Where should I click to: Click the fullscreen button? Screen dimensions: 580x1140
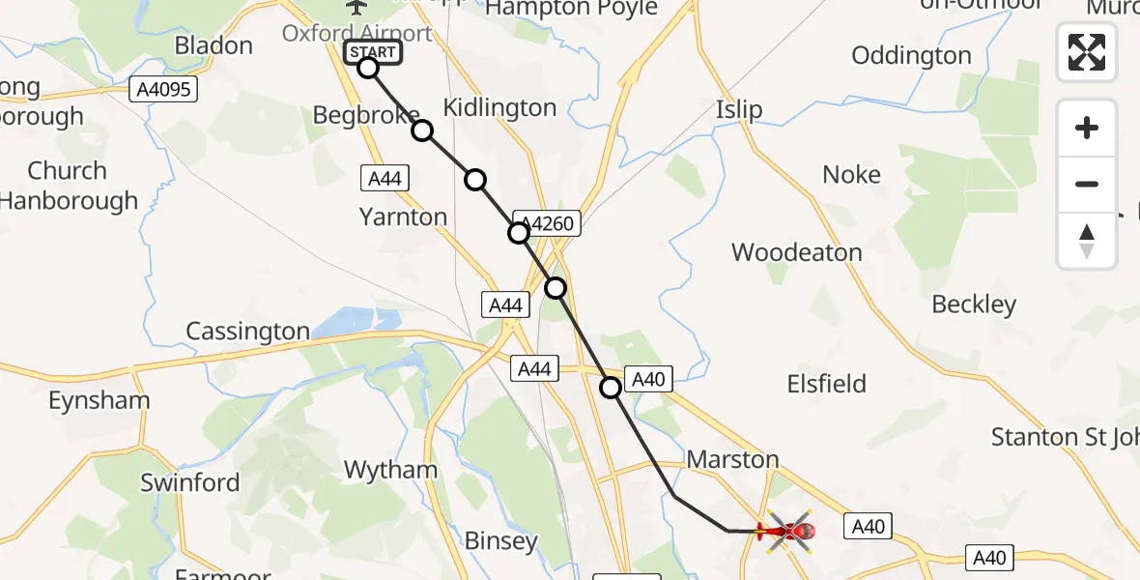tap(1087, 52)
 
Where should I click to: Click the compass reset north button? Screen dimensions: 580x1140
tap(1087, 241)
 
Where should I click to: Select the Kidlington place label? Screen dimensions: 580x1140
tap(499, 107)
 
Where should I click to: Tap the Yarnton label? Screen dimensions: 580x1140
tap(403, 217)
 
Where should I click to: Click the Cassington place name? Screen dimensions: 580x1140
tap(247, 332)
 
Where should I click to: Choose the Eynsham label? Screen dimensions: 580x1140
tap(99, 400)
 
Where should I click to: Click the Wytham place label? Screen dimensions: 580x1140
tap(391, 470)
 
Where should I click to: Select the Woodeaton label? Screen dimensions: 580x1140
tap(796, 252)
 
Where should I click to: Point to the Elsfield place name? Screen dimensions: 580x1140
tap(826, 384)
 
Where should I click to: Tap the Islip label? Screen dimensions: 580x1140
tap(739, 109)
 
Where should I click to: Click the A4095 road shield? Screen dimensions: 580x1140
tap(163, 91)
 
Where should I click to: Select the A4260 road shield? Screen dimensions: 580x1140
tap(549, 224)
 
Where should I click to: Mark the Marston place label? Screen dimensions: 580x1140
tap(732, 459)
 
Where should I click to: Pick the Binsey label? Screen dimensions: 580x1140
tap(500, 540)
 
